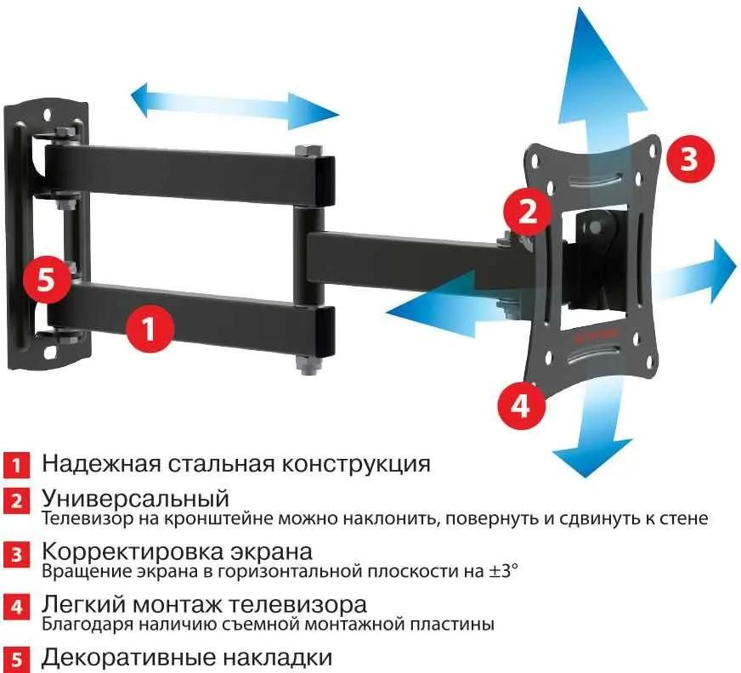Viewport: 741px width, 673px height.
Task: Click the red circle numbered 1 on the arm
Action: click(x=150, y=329)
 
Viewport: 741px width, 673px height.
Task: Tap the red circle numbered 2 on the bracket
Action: click(x=528, y=210)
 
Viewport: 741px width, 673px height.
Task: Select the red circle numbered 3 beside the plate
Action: click(x=688, y=159)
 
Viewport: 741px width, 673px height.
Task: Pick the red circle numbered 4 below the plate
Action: click(x=520, y=406)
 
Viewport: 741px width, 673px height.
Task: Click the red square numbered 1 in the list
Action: click(x=16, y=466)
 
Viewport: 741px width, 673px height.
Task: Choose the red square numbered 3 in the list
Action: click(x=16, y=557)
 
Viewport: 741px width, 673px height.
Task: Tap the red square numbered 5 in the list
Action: click(x=16, y=659)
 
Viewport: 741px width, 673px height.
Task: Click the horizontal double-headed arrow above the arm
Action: click(x=235, y=106)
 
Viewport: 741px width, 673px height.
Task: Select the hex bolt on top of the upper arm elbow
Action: click(x=308, y=153)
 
